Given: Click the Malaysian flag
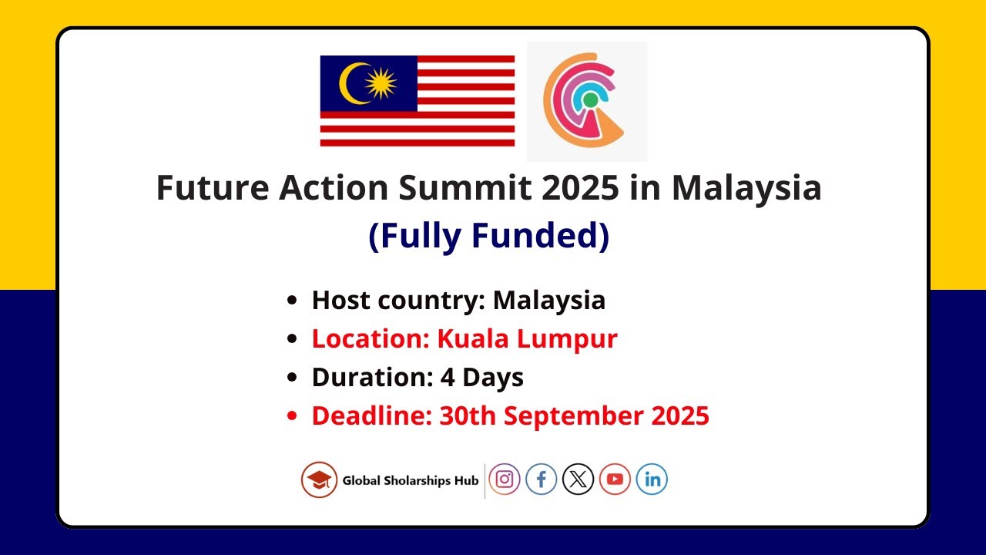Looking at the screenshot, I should click(417, 101).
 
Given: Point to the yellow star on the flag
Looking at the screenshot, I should click(381, 83).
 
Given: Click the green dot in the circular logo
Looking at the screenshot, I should click(590, 99).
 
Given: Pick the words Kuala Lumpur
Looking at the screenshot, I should click(528, 339).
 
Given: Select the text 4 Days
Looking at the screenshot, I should click(482, 378).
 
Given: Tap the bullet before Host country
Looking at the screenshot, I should click(291, 301).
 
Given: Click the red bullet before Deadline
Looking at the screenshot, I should click(291, 417).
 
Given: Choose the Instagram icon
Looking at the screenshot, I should click(505, 479).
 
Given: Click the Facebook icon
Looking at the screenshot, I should click(542, 479).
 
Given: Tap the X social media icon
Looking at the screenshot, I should click(578, 479).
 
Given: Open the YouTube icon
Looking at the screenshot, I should click(615, 479).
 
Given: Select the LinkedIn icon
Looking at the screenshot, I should click(652, 479).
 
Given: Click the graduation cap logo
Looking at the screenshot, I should click(319, 479).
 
